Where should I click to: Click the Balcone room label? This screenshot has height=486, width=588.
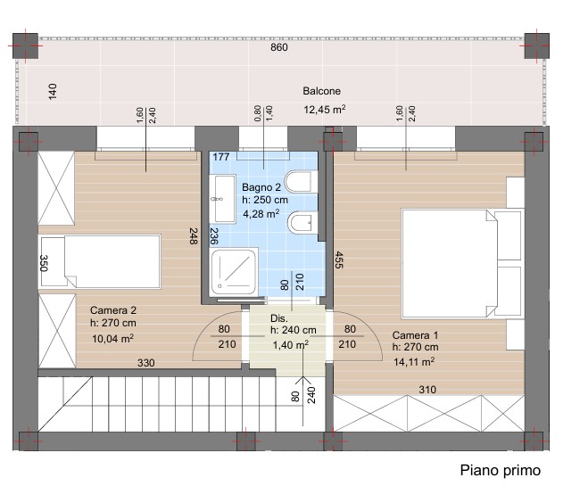(321, 91)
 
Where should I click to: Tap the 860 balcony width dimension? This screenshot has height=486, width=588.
(279, 47)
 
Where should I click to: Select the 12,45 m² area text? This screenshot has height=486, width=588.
(325, 110)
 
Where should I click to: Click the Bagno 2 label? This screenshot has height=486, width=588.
(261, 187)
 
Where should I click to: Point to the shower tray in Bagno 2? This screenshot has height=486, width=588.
(234, 272)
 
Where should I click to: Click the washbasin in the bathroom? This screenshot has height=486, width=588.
(219, 199)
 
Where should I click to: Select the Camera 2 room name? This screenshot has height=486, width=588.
(113, 310)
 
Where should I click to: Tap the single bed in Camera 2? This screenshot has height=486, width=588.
(100, 261)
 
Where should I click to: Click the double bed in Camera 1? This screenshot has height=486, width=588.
(462, 264)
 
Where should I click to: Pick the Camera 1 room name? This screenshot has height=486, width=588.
(415, 335)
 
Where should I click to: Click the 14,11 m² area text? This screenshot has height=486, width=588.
(414, 361)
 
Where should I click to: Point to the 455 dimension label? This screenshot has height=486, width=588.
(338, 259)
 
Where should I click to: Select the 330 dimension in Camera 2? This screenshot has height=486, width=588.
(145, 363)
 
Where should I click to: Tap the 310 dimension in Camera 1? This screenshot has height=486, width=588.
(427, 390)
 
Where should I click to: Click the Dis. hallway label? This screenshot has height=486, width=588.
(279, 318)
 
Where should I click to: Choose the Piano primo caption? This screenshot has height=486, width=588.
(501, 470)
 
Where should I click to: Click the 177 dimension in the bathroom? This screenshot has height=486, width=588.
(221, 157)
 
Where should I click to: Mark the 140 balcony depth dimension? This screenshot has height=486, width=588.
(53, 92)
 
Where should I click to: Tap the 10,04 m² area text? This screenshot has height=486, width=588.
(113, 338)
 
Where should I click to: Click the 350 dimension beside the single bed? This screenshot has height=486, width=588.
(44, 263)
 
